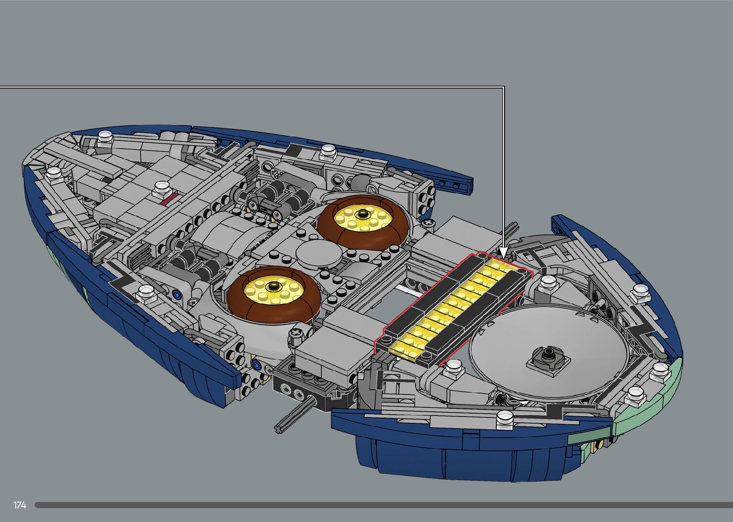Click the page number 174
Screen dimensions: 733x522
pos(20,505)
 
